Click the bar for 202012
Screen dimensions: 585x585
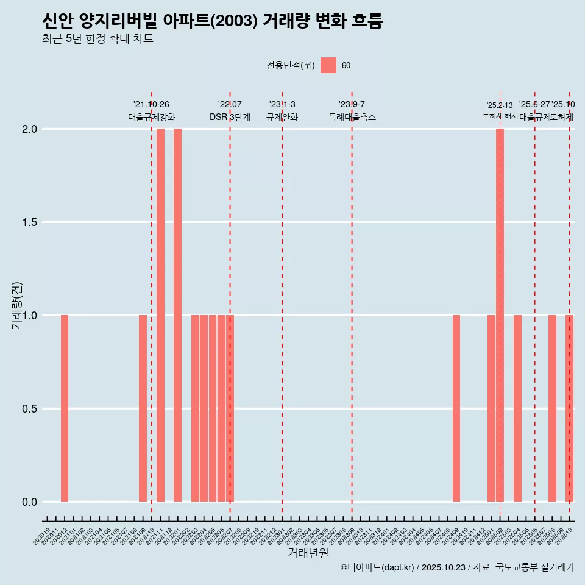pos(65,408)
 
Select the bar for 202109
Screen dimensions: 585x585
pos(143,408)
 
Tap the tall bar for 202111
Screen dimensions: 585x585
pos(160,315)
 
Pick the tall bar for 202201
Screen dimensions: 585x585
pos(177,315)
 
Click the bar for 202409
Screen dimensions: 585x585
pos(456,408)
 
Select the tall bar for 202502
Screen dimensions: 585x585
pos(500,315)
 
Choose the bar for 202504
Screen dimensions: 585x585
pos(517,408)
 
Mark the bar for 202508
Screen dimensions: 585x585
pos(552,408)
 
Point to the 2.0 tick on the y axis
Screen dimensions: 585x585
pos(30,129)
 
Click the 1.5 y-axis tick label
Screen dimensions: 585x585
pos(30,222)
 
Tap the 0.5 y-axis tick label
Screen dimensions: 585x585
pos(30,409)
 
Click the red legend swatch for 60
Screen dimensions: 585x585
pos(328,65)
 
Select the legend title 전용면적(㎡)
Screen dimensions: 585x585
pos(291,65)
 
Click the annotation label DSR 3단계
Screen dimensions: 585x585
pos(230,117)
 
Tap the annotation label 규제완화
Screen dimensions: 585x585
pos(282,117)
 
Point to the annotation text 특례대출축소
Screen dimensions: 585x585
pos(352,117)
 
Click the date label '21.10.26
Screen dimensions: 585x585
pos(151,104)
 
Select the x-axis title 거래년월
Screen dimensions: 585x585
pos(308,553)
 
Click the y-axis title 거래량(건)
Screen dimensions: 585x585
pos(17,305)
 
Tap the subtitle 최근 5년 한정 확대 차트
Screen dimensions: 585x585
pos(97,39)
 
